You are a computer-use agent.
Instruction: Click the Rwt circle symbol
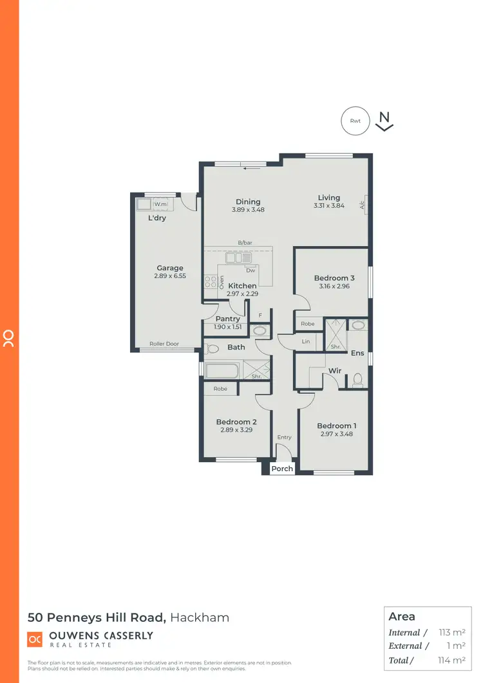[355, 120]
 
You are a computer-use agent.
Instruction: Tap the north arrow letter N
[384, 117]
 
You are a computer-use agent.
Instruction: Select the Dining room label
[249, 201]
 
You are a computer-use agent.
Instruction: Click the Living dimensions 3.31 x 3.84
[328, 206]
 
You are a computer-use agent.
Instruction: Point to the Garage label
[170, 268]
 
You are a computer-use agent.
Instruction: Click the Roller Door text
[164, 344]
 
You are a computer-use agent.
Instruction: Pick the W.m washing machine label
[160, 204]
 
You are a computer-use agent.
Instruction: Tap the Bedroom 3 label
[334, 278]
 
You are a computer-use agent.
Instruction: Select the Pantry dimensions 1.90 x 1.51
[228, 327]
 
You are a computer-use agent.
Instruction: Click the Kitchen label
[242, 286]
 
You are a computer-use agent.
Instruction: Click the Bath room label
[236, 348]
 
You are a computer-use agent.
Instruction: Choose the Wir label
[335, 371]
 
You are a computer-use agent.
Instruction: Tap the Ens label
[357, 353]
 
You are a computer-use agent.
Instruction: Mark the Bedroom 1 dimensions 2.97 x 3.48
[336, 434]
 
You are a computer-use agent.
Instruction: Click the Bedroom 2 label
[236, 422]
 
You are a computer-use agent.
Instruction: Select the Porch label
[282, 469]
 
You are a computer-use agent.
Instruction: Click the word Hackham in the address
[200, 618]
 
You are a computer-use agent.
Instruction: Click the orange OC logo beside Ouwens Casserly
[35, 639]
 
